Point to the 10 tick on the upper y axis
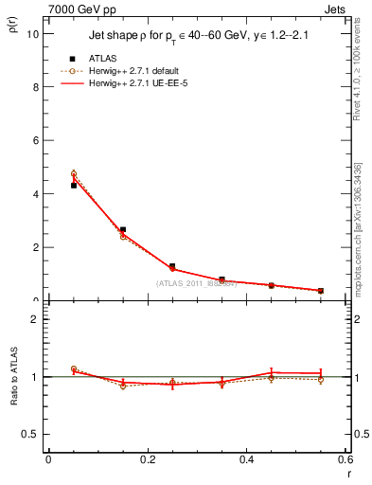point(35,33)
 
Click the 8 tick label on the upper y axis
point(37,87)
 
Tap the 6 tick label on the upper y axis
point(37,140)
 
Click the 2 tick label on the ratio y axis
point(36,319)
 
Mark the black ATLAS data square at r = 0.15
point(123,229)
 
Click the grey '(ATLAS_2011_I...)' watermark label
point(198,283)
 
